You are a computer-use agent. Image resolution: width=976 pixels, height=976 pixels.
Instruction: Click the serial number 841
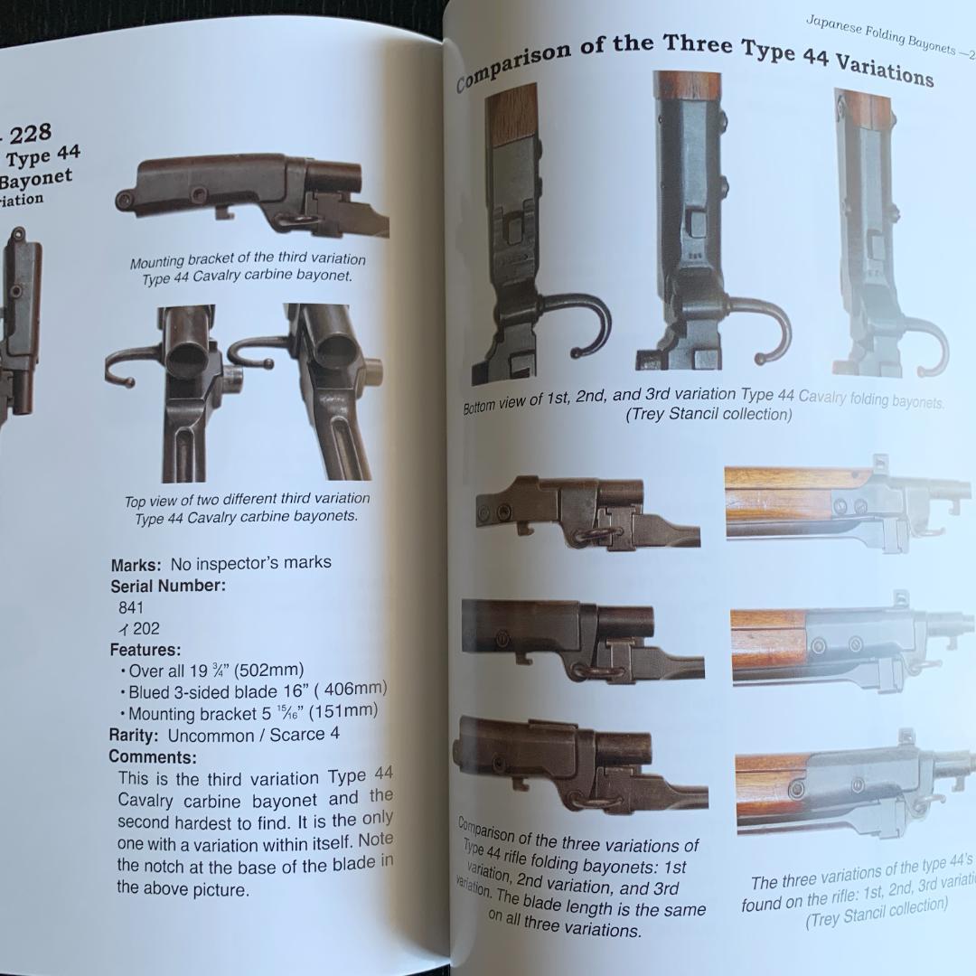(x=130, y=608)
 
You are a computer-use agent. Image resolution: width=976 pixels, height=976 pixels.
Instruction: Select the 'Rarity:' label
(x=136, y=736)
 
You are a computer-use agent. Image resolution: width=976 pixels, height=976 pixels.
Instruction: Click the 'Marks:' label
(x=136, y=566)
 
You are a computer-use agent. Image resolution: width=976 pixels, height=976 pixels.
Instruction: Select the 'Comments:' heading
(x=152, y=757)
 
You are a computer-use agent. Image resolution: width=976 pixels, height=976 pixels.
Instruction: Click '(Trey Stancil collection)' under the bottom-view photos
(x=709, y=415)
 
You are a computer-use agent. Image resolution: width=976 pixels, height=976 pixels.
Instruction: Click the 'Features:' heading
(x=145, y=650)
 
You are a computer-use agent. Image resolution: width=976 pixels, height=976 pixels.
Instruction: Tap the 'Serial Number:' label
(x=167, y=586)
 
